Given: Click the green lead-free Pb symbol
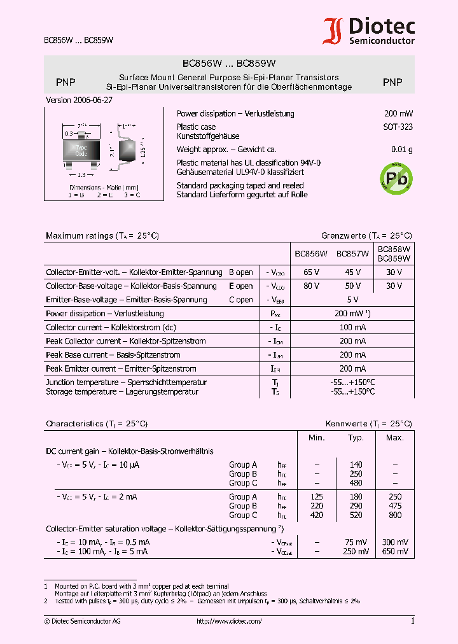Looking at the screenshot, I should tap(396, 178).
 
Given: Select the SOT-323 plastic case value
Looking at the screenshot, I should tap(398, 127).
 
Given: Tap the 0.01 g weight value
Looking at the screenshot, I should tap(402, 150).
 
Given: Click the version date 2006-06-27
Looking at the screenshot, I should tap(80, 100).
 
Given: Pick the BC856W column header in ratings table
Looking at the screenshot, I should tap(310, 254).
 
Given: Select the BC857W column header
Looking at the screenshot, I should tap(352, 254).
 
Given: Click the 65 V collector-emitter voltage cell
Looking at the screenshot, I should tap(312, 272).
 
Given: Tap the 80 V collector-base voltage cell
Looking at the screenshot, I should tap(312, 286).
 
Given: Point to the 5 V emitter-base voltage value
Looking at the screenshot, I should tap(352, 300).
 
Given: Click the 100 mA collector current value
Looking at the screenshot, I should tap(352, 327).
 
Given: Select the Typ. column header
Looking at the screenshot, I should tap(356, 438).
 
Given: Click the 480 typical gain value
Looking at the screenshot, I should tap(356, 483).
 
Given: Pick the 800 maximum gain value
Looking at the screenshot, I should tap(395, 515).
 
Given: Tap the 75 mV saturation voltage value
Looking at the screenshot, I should tap(356, 542).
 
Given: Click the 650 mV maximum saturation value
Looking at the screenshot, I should tap(395, 552).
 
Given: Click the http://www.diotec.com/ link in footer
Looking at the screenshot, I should tap(229, 621).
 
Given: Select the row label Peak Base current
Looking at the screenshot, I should tap(113, 355).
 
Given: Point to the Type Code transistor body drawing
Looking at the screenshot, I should tap(81, 151).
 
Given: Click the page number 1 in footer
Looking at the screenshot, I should tap(412, 621).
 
